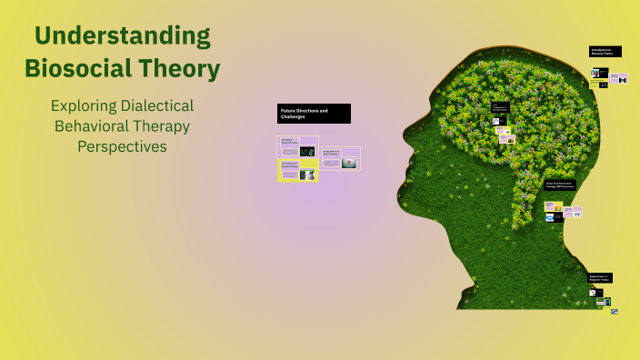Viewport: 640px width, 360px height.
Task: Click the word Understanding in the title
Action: (x=122, y=37)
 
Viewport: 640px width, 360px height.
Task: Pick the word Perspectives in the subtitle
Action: (x=122, y=145)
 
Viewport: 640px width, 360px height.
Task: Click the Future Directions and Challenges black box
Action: (x=314, y=114)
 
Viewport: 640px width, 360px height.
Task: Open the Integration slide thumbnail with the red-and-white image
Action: (x=340, y=158)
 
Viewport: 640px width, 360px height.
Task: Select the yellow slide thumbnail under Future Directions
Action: (x=297, y=170)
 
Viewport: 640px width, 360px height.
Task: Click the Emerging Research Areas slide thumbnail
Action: (x=297, y=145)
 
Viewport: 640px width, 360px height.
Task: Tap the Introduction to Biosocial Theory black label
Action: (x=605, y=52)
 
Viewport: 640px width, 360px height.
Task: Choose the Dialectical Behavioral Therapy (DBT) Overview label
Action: (x=560, y=184)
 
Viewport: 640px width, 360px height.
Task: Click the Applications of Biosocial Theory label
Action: (x=599, y=277)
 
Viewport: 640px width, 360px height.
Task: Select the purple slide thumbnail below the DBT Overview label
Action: (x=574, y=212)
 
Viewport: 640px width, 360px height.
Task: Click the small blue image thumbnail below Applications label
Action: (x=615, y=312)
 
